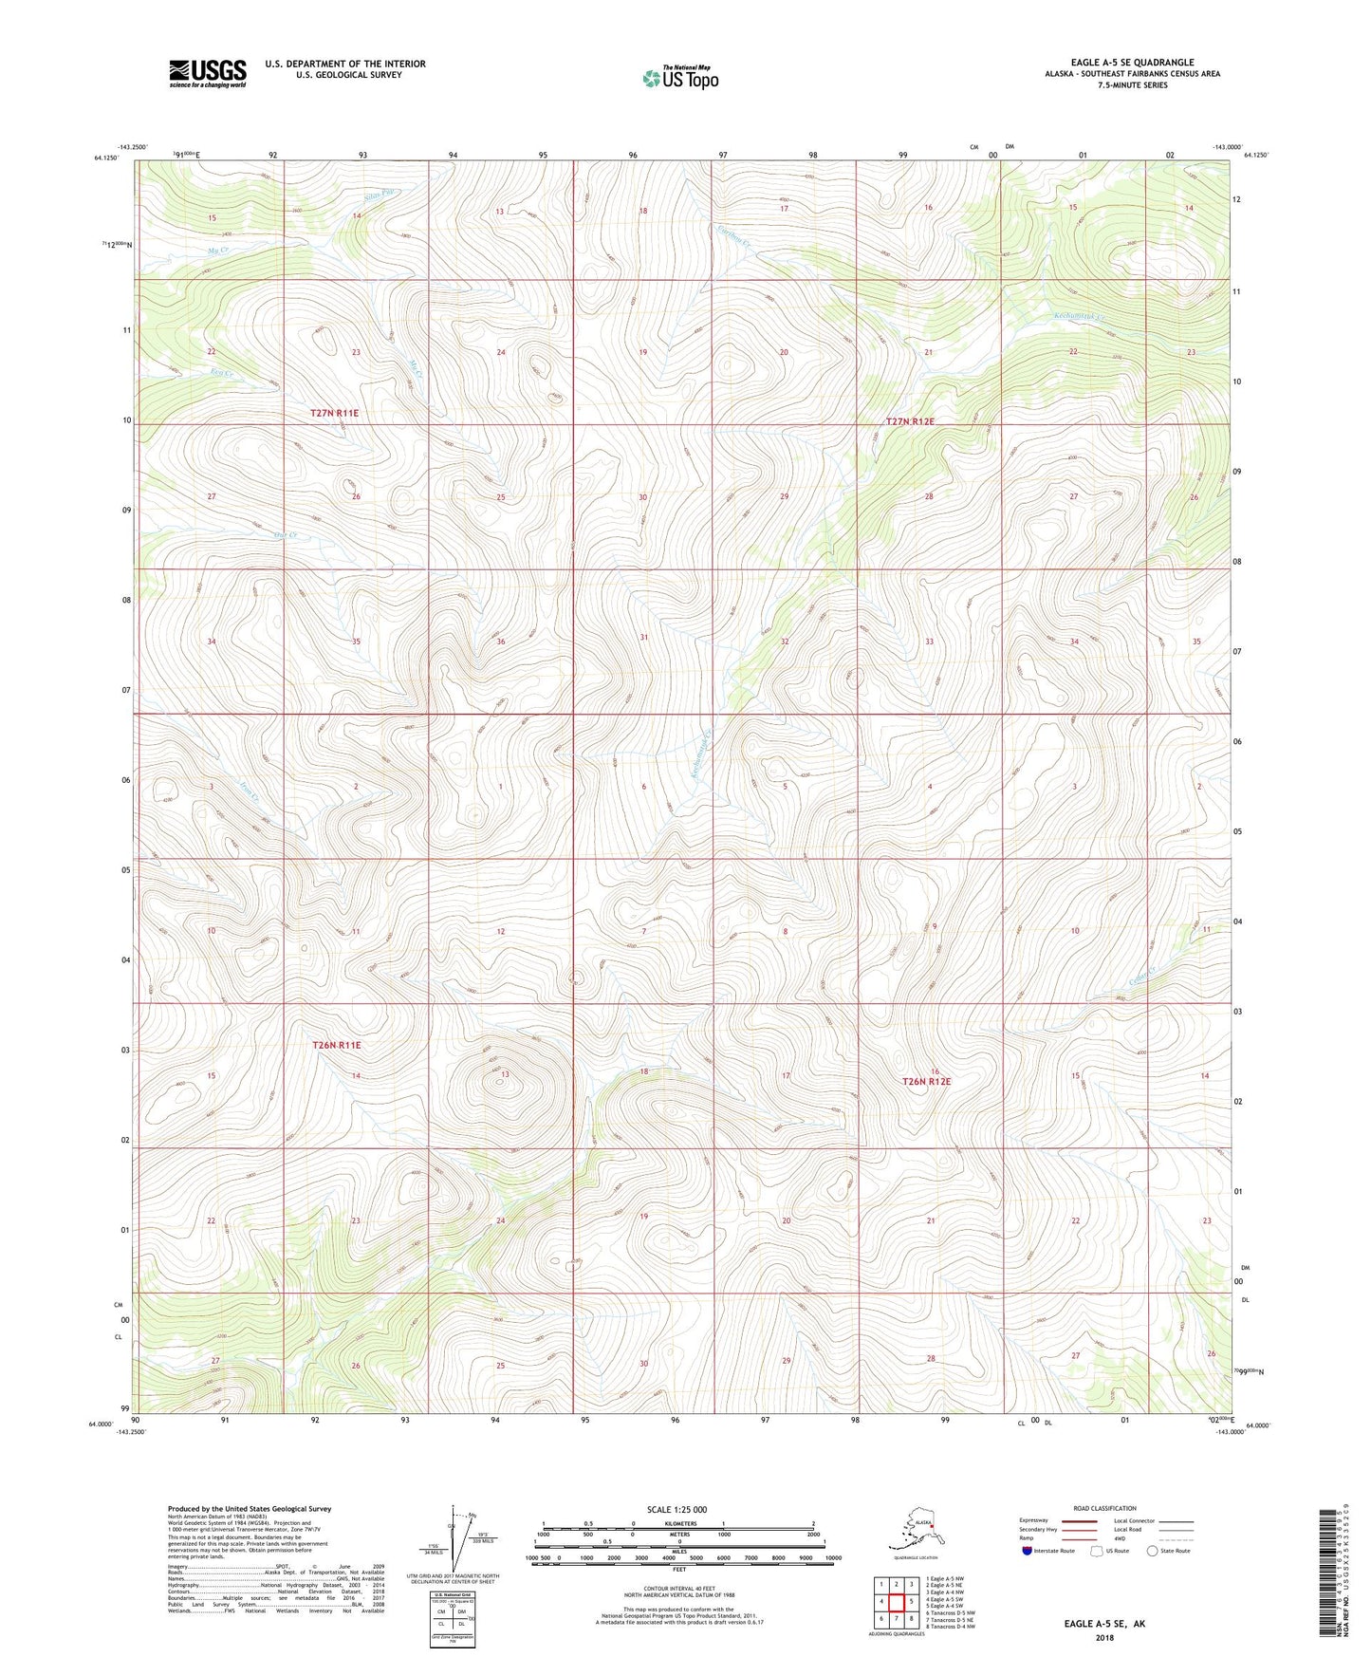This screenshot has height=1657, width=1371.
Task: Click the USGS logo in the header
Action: coord(207,73)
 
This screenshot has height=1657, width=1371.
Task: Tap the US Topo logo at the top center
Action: coord(679,78)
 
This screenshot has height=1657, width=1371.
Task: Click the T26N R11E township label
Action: coord(337,1045)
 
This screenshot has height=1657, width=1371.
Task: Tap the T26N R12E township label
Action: coord(926,1081)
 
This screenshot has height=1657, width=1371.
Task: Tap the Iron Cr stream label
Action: coord(249,796)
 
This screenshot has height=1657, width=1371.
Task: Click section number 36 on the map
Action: coord(501,642)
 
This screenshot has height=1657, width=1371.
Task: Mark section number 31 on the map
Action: coord(643,637)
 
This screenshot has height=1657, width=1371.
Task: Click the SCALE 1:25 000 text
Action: coord(677,1510)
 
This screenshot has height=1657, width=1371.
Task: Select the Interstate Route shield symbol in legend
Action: coord(1028,1551)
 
